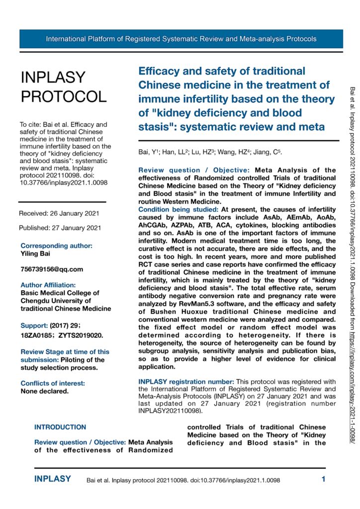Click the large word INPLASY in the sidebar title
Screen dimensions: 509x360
click(x=53, y=78)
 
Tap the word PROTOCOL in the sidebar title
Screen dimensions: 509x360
click(x=63, y=96)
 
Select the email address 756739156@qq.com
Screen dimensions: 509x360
click(x=52, y=269)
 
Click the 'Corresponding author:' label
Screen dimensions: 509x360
click(x=56, y=246)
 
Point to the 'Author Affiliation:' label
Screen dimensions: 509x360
click(x=48, y=285)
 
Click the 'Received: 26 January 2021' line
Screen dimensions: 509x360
click(x=59, y=213)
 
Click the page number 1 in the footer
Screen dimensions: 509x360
click(x=323, y=480)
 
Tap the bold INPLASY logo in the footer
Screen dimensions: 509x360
click(x=52, y=480)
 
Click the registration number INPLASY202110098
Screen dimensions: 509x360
click(x=169, y=411)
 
